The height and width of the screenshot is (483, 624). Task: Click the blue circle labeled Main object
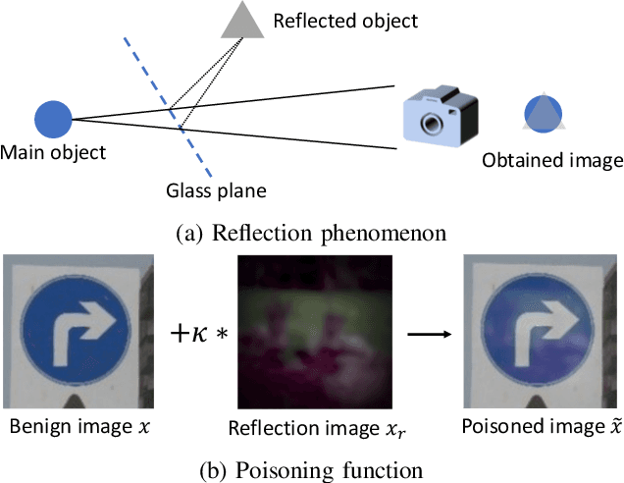pos(54,120)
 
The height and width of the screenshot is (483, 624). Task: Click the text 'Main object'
pos(54,152)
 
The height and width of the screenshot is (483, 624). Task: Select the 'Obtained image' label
pos(552,160)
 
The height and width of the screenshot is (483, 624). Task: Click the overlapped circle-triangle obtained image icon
pos(543,114)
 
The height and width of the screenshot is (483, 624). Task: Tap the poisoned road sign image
pos(539,332)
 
